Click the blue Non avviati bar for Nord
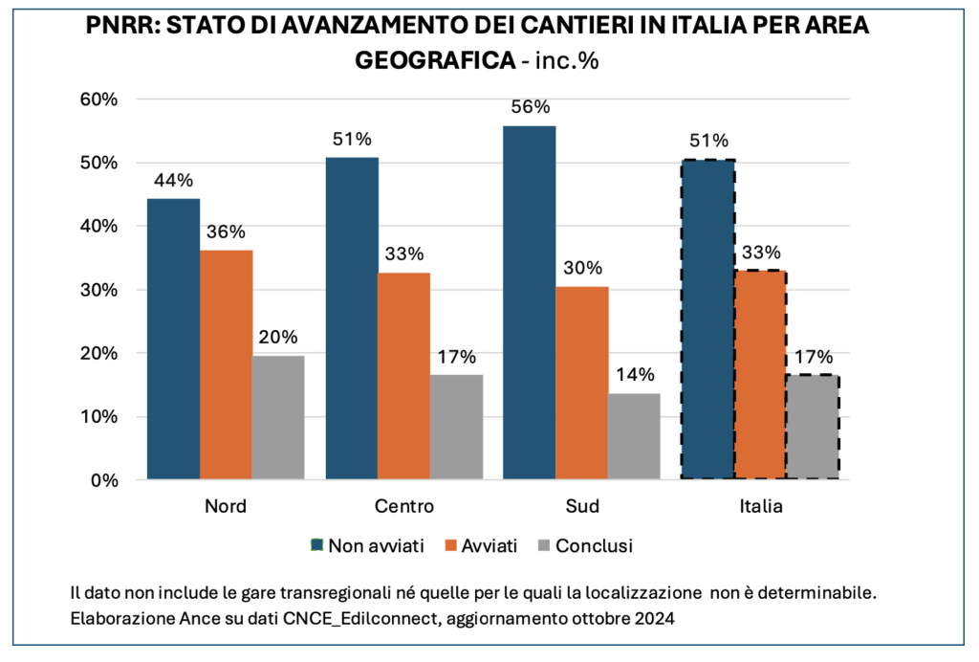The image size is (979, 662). click(173, 339)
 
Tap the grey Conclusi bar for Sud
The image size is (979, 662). click(634, 436)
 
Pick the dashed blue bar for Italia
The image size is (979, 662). click(707, 320)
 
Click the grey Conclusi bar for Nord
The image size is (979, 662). click(278, 417)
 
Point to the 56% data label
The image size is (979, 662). click(529, 107)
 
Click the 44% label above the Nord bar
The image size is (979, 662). click(173, 180)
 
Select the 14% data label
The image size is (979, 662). click(634, 374)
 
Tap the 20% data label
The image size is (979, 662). click(278, 337)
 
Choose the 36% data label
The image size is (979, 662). click(226, 232)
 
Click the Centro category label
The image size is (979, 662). click(404, 506)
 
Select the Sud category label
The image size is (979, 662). click(581, 506)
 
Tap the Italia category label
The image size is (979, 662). click(760, 506)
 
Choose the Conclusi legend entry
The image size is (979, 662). click(593, 546)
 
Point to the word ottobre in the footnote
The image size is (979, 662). click(595, 619)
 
